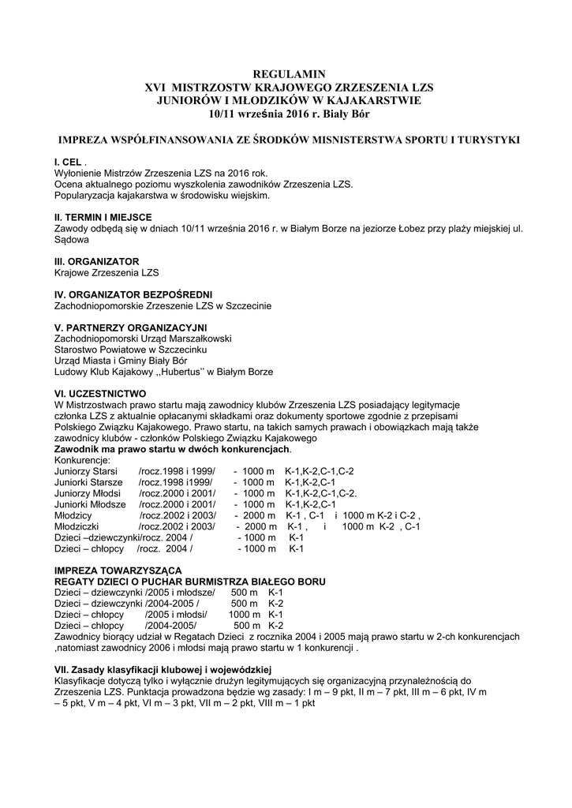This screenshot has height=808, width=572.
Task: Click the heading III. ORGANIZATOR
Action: coord(96,261)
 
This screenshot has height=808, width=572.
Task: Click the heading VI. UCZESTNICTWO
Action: coord(99,393)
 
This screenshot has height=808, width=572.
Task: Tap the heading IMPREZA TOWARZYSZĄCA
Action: coord(118,570)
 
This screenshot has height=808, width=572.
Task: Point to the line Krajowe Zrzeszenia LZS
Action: coord(106,272)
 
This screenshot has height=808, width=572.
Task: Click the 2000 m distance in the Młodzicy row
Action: coord(260,515)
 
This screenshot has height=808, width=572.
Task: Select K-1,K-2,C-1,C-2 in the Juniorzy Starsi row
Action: coord(320,471)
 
